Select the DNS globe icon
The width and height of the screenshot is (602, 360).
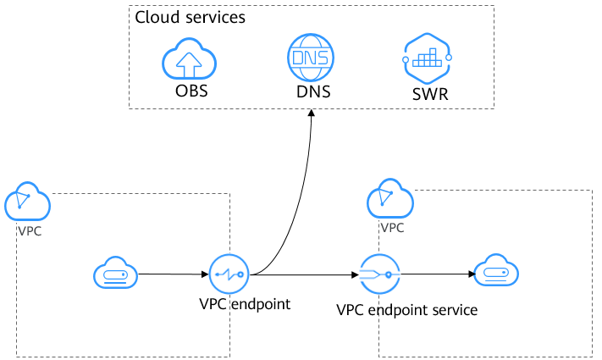click(x=310, y=58)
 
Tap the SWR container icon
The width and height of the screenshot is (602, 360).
click(x=425, y=58)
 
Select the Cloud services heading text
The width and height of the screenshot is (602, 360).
click(x=191, y=18)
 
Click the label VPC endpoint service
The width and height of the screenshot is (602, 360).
click(x=406, y=310)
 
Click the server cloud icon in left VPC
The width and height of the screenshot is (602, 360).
click(x=115, y=274)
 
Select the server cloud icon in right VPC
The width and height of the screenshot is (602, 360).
click(x=496, y=273)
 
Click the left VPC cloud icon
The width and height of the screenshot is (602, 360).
click(x=27, y=202)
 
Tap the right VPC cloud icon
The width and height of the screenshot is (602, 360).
click(x=389, y=200)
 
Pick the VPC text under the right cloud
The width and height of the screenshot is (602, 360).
click(x=391, y=227)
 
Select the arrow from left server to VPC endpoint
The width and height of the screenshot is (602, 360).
click(x=174, y=274)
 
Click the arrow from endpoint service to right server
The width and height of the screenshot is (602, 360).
click(x=436, y=274)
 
